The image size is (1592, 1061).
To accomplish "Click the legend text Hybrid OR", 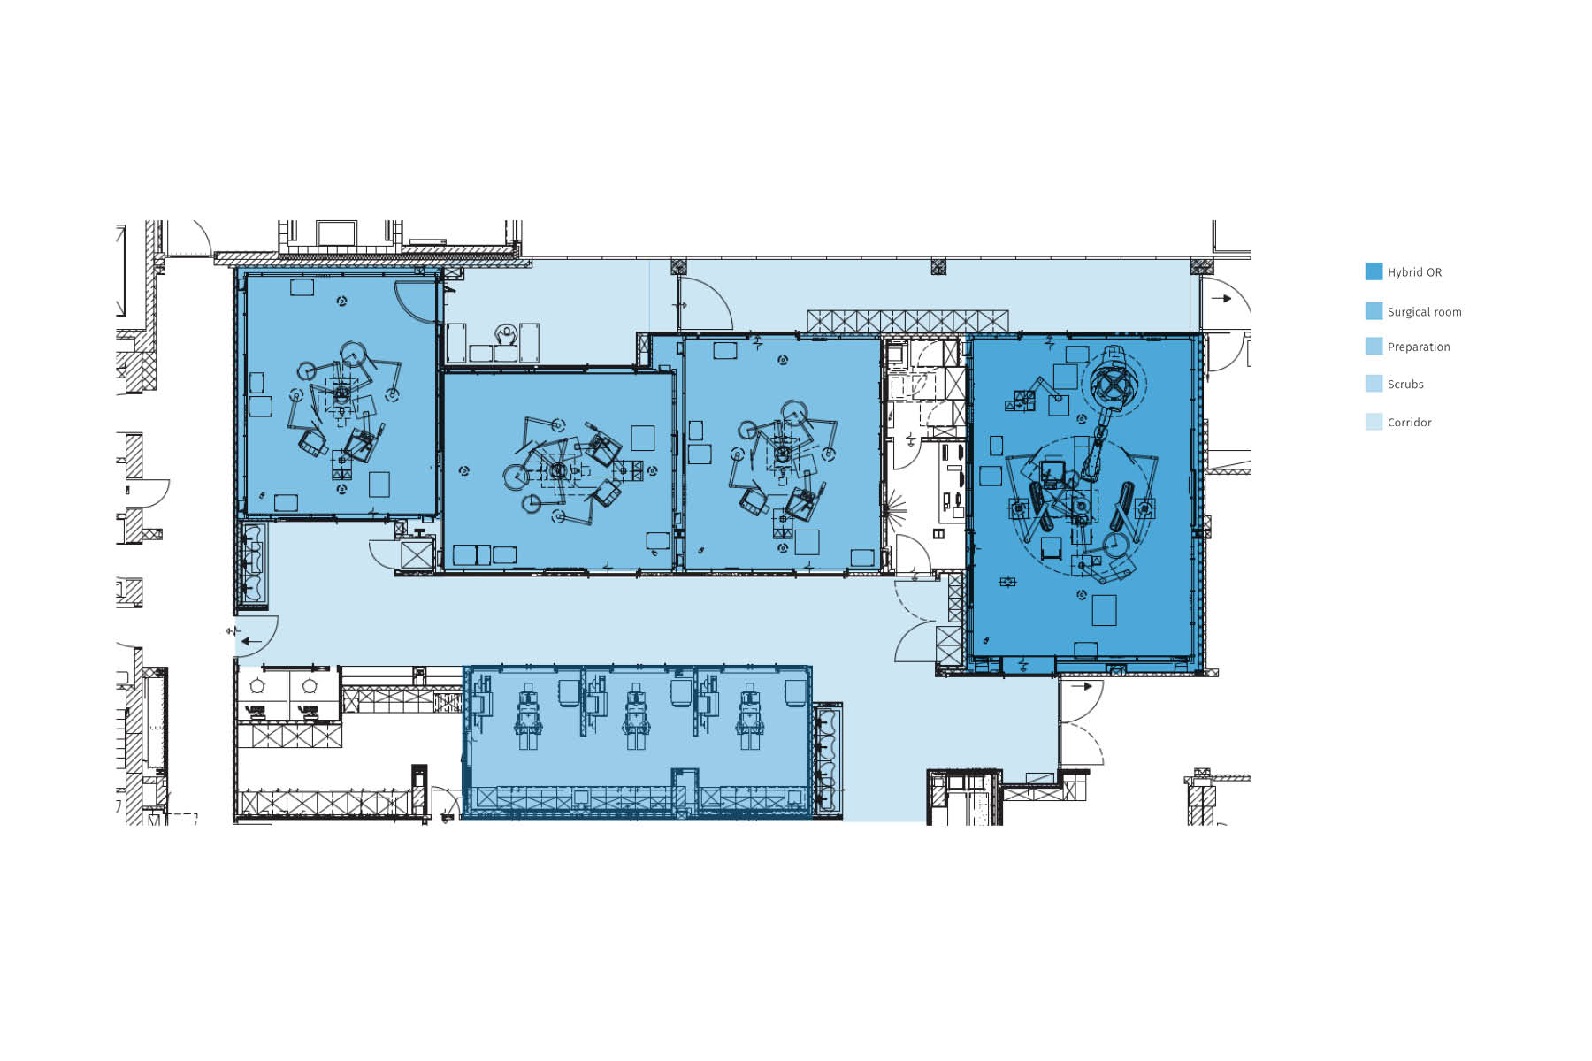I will (x=1413, y=272).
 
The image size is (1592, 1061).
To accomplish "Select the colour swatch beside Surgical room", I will (x=1374, y=311).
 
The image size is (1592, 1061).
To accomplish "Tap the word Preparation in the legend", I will (x=1418, y=347).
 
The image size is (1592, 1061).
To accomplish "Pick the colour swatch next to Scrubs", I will (x=1374, y=384).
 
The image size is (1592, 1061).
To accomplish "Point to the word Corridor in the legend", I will (x=1409, y=423).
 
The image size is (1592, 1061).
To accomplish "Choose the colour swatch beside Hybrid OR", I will (x=1374, y=271).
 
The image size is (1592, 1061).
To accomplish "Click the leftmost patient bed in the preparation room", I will (x=528, y=717).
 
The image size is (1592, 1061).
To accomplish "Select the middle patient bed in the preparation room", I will (x=636, y=717).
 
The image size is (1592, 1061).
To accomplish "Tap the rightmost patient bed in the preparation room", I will (x=749, y=717).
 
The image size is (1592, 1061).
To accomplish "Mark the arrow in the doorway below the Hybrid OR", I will (x=1082, y=686).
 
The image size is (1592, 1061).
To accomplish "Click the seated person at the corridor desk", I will (x=506, y=336).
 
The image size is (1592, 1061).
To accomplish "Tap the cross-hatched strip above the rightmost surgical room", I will (x=907, y=321).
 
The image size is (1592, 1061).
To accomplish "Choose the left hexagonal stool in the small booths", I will (x=257, y=685).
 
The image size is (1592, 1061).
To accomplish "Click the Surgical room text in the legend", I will (x=1424, y=312).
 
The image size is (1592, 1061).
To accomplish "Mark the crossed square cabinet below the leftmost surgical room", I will (x=416, y=554).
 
